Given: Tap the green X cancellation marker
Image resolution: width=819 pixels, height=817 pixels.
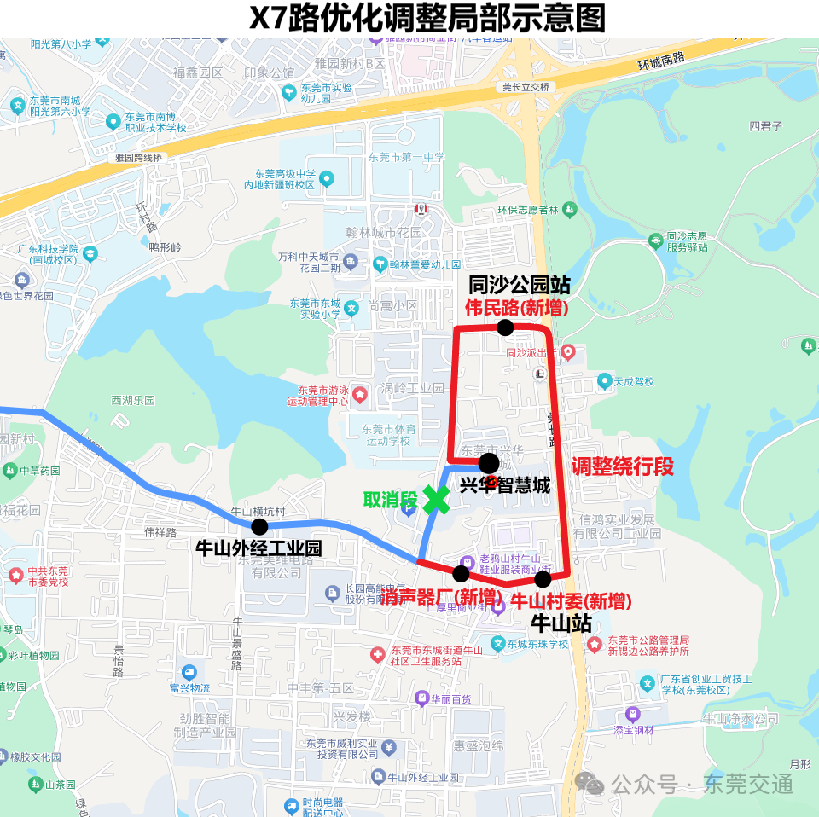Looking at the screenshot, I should tap(436, 500).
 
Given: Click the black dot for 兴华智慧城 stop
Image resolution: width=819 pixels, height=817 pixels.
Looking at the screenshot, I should tap(489, 463).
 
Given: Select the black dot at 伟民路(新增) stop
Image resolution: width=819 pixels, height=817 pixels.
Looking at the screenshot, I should tap(505, 327).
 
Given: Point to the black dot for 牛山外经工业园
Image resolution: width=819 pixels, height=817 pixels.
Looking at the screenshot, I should tap(259, 526).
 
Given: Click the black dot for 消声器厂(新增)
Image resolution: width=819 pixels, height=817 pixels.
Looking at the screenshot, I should tap(461, 574).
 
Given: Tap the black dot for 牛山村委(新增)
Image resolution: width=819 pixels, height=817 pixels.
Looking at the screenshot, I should tap(543, 579).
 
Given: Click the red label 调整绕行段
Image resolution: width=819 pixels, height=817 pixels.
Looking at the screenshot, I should tap(623, 466).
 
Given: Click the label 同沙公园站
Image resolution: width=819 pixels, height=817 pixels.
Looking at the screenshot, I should tap(520, 285).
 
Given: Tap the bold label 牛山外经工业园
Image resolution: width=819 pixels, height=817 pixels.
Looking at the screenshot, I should tap(259, 548).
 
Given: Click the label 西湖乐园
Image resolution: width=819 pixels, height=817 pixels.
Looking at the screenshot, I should tap(133, 400).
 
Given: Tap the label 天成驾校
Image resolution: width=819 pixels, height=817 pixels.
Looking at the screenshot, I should tap(634, 381).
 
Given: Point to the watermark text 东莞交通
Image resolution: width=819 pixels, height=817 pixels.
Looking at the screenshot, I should tap(747, 783).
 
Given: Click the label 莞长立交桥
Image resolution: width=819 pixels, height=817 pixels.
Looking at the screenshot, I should tap(526, 87).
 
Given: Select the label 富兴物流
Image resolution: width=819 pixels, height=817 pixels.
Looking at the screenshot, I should tap(189, 687).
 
